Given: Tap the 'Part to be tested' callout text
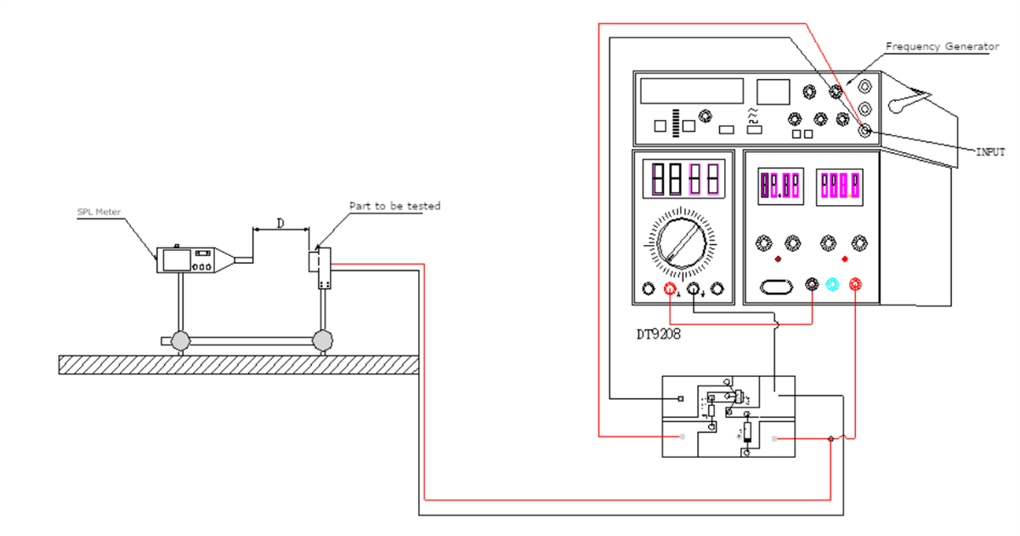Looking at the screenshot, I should click(x=394, y=206).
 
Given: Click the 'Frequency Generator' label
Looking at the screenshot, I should click(x=942, y=47).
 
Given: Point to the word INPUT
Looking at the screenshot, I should click(x=989, y=151).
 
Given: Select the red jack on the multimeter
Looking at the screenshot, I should click(x=671, y=290).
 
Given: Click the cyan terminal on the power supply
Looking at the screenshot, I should click(x=832, y=285).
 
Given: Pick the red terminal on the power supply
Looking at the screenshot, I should click(x=853, y=285).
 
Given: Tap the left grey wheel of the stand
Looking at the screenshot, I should click(x=181, y=340).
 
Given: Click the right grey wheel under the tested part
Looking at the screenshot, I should click(x=322, y=340).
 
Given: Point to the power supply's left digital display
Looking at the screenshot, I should click(x=780, y=184).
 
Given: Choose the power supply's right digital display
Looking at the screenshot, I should click(x=839, y=184).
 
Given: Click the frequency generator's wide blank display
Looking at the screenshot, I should click(x=692, y=91).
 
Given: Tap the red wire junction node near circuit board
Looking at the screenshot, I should click(x=830, y=439).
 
